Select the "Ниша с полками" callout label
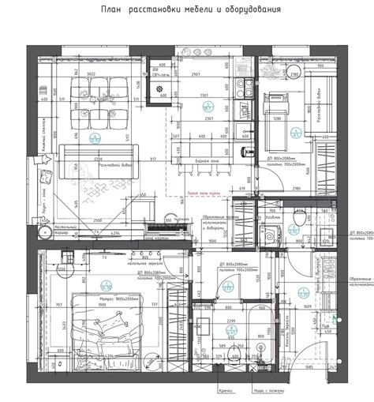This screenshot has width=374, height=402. tap(267, 390)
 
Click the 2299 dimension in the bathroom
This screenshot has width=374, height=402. tap(231, 321)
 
